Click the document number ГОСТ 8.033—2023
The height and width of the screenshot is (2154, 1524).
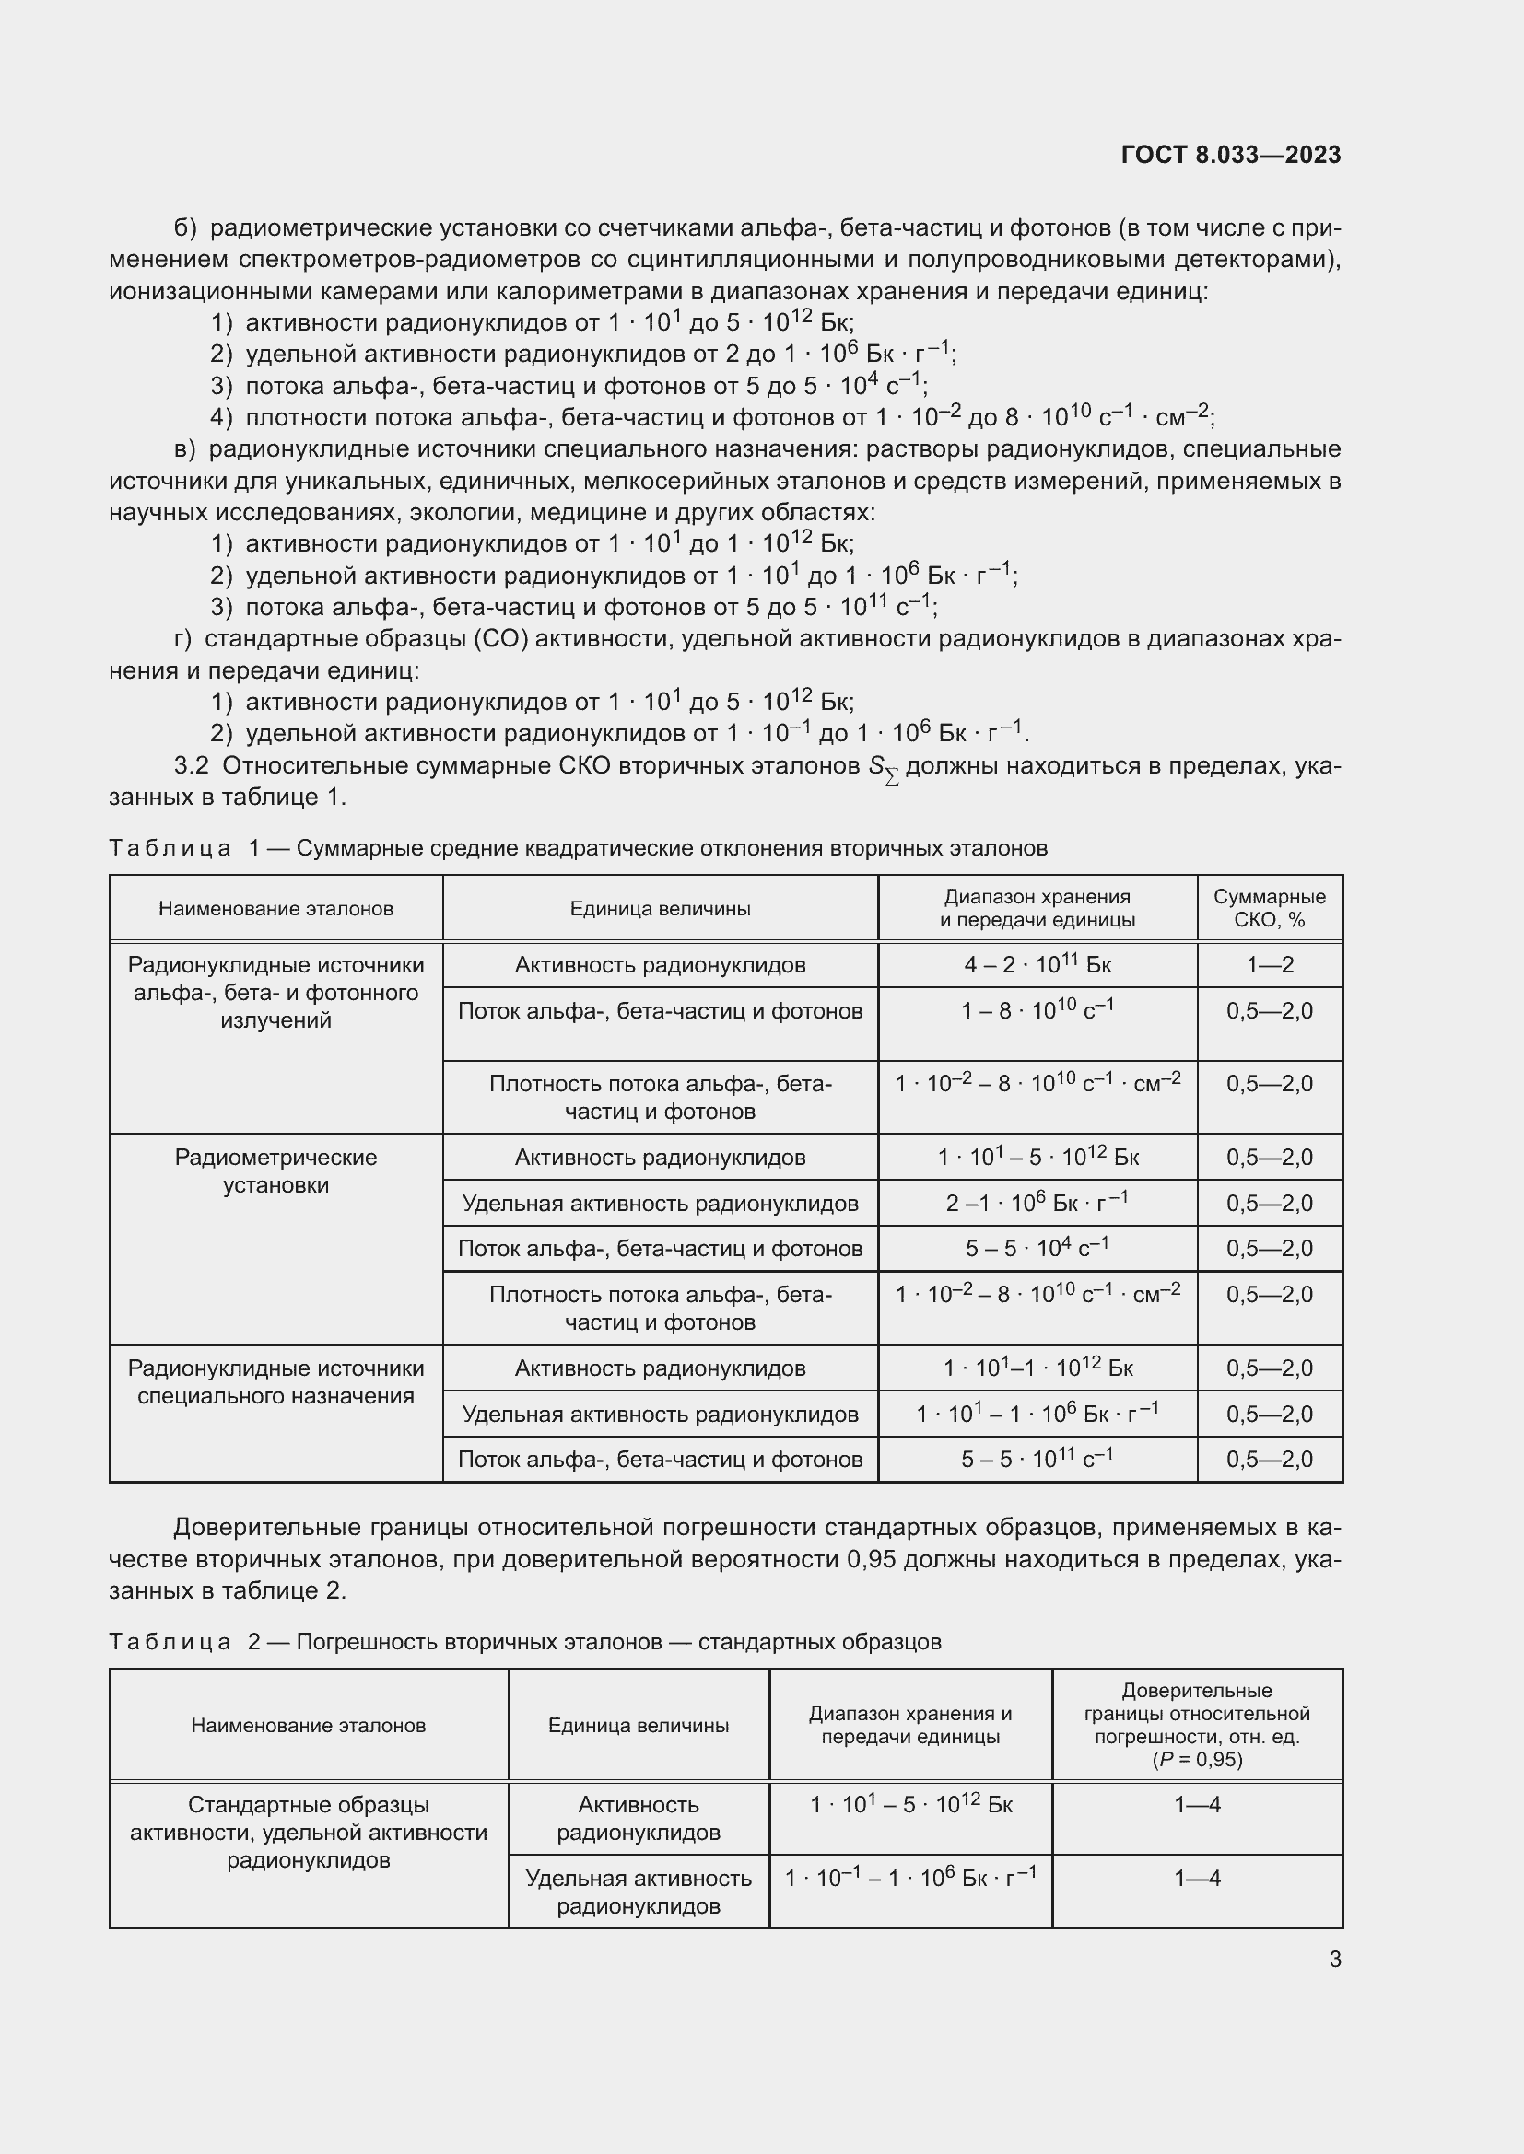1230,156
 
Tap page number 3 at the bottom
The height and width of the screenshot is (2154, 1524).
1334,1959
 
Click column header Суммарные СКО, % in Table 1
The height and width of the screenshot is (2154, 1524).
1269,908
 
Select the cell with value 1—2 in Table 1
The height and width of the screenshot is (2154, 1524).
1269,965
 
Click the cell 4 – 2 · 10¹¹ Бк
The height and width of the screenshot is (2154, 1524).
1037,965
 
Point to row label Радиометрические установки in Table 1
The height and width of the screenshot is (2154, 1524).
275,1170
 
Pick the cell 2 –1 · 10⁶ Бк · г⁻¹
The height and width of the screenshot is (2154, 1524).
1037,1203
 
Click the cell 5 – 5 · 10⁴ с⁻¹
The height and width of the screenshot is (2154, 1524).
1037,1249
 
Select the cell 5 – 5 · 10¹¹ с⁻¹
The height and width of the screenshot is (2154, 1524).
1037,1459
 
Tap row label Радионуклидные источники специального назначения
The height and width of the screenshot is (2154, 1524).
275,1382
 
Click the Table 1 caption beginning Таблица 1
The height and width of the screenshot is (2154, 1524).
577,849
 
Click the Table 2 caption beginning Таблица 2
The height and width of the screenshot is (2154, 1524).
524,1642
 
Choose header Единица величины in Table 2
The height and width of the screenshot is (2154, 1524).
639,1724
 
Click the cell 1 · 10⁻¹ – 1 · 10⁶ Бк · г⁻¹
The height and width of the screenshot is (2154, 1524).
910,1878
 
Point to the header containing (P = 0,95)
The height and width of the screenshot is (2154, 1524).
1197,1724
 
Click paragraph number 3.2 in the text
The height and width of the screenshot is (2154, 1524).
192,766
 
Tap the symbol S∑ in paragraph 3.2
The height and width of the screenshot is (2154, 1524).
883,769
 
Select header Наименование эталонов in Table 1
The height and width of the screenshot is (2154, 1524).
275,908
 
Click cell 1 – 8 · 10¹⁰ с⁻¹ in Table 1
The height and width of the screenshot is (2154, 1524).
1037,1011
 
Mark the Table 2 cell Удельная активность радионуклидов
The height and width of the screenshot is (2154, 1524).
639,1892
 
